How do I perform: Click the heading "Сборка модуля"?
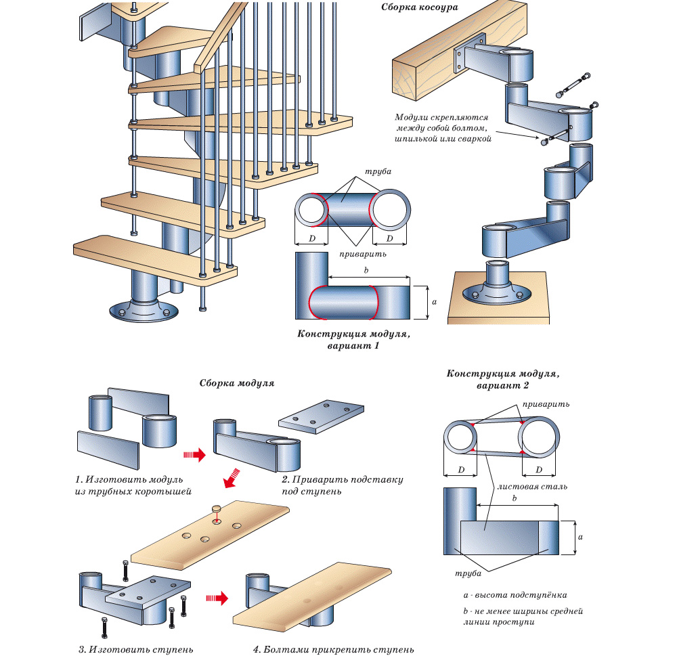(236, 382)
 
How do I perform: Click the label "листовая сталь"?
(523, 486)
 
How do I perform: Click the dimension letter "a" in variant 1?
(433, 302)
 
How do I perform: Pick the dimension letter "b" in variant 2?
(516, 498)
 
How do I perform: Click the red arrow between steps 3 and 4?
(217, 597)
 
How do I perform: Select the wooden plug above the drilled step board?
(217, 508)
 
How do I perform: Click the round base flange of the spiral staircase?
(143, 311)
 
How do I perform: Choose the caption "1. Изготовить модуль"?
(125, 479)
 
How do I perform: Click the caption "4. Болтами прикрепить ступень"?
(334, 650)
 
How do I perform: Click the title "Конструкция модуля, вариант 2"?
(502, 379)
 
